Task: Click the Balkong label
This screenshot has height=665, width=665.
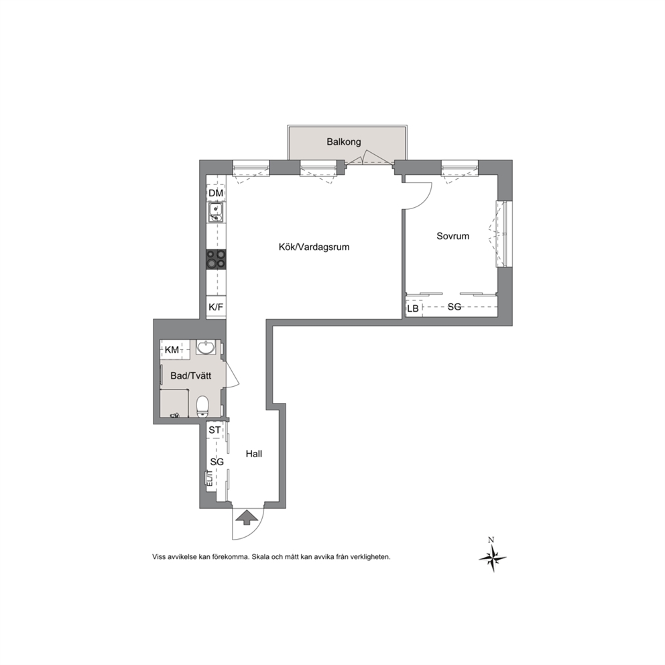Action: pyautogui.click(x=343, y=141)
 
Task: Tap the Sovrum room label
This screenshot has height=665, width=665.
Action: pyautogui.click(x=453, y=236)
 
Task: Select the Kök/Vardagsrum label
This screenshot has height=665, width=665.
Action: pyautogui.click(x=314, y=247)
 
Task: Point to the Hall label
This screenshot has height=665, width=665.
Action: pyautogui.click(x=254, y=454)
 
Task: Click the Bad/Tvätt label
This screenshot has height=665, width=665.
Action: pyautogui.click(x=191, y=376)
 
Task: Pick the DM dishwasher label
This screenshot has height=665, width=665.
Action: pyautogui.click(x=216, y=193)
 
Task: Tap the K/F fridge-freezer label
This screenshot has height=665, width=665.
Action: pyautogui.click(x=216, y=306)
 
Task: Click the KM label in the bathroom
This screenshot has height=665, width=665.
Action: pyautogui.click(x=172, y=350)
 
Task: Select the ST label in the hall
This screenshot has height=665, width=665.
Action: pyautogui.click(x=215, y=430)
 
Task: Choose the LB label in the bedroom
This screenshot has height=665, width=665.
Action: pyautogui.click(x=413, y=309)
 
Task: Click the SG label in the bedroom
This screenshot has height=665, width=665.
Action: pyautogui.click(x=455, y=306)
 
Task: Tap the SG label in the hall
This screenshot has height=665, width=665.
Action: pyautogui.click(x=217, y=462)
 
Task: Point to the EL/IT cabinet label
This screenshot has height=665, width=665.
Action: pyautogui.click(x=210, y=478)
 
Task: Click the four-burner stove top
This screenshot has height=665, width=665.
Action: pyautogui.click(x=216, y=259)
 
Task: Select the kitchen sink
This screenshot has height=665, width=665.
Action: pyautogui.click(x=216, y=213)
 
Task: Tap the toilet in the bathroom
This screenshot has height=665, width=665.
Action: pyautogui.click(x=202, y=406)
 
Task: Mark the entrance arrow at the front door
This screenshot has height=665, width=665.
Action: pyautogui.click(x=247, y=518)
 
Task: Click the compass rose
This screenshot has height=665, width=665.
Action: pyautogui.click(x=493, y=556)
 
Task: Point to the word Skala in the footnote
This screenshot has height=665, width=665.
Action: pyautogui.click(x=260, y=557)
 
